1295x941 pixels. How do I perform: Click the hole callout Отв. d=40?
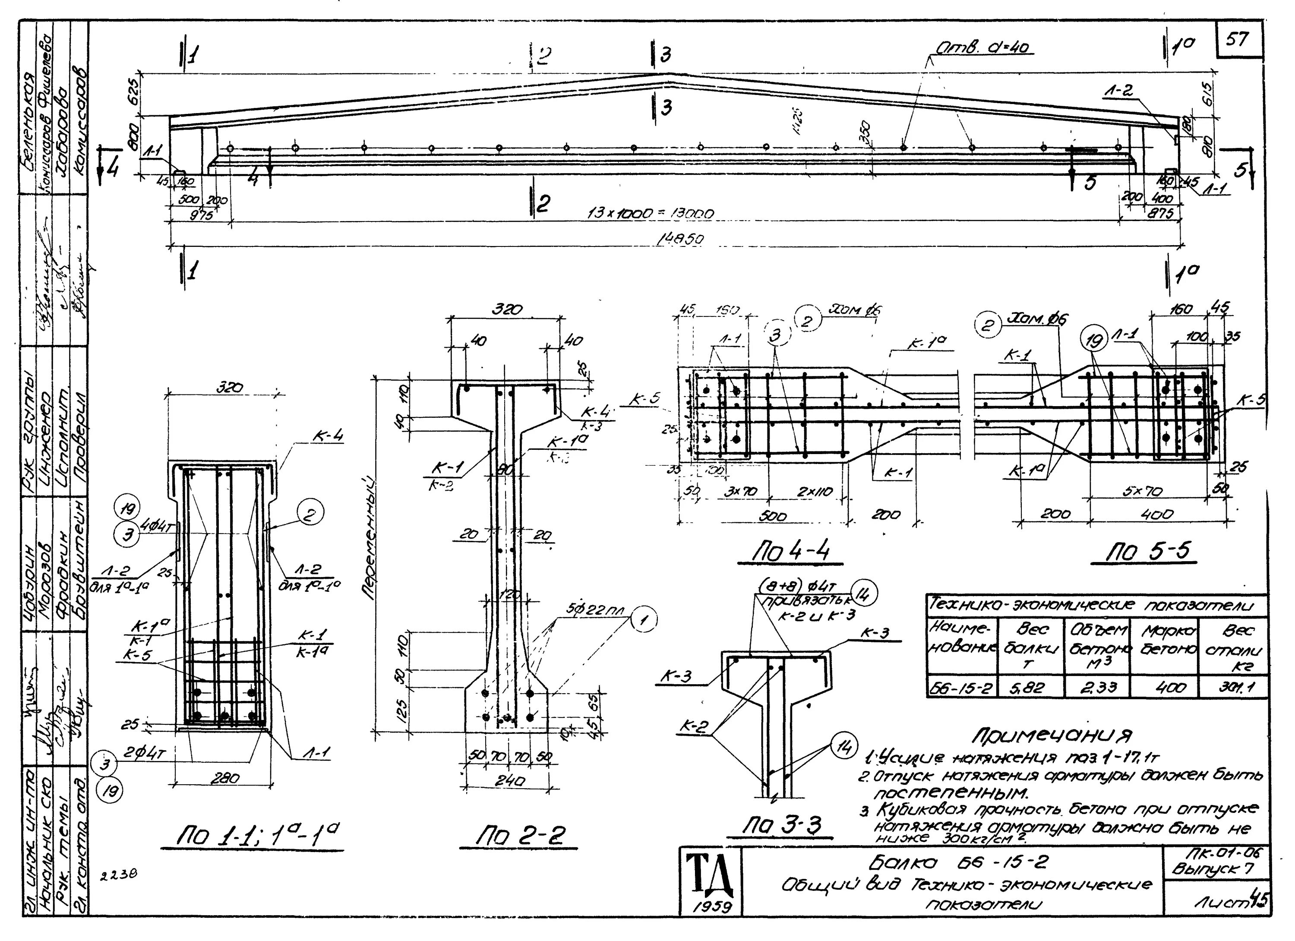[x=983, y=50]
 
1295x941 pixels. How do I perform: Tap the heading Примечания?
[x=1053, y=735]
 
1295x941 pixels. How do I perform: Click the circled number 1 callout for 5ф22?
[x=644, y=621]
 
